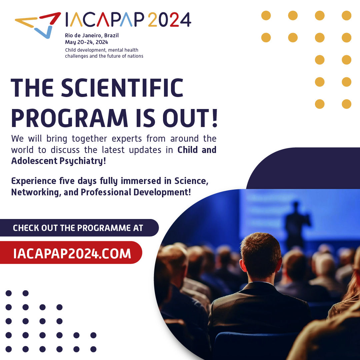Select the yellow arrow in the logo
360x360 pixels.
point(27,22)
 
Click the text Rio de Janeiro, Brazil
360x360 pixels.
point(92,35)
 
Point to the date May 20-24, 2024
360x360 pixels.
point(86,42)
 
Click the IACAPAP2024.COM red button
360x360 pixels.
point(72,253)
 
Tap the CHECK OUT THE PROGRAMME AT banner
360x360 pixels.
point(78,228)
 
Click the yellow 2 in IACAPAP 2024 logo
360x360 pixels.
point(152,20)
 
